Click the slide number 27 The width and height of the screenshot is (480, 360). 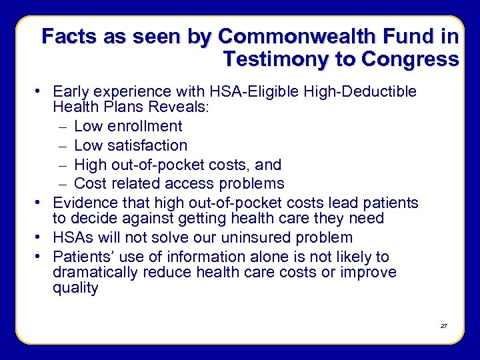pyautogui.click(x=443, y=326)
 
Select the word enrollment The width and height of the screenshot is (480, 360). pyautogui.click(x=142, y=126)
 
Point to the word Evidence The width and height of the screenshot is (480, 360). pyautogui.click(x=83, y=203)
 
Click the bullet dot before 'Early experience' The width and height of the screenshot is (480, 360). pyautogui.click(x=43, y=91)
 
